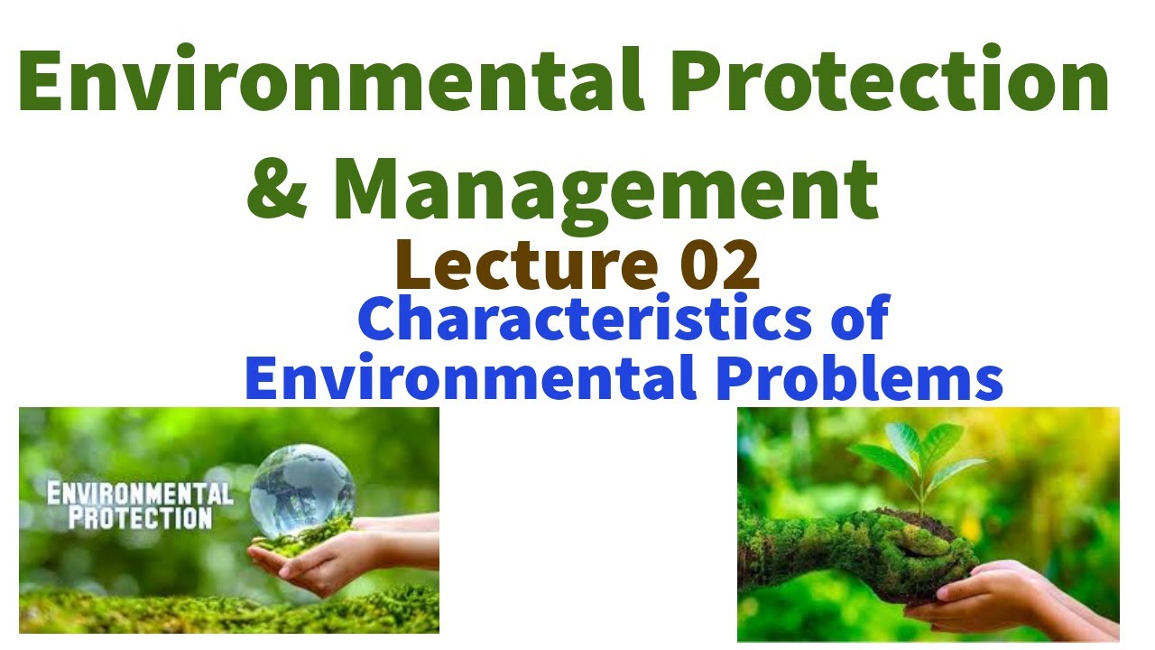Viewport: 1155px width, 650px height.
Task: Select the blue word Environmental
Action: click(469, 379)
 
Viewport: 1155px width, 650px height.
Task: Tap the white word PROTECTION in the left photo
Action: click(141, 518)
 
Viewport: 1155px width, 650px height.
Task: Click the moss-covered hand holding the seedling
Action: click(830, 551)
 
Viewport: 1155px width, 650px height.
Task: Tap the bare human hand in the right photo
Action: click(1020, 600)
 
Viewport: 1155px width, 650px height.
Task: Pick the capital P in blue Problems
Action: click(735, 379)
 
